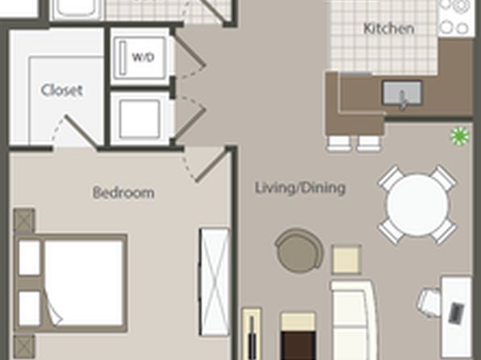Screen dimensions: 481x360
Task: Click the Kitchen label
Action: point(389,28)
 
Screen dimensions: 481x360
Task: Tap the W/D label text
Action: point(144,57)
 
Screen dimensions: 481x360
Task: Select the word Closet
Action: point(61,90)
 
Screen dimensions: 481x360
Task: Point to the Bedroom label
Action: point(123,193)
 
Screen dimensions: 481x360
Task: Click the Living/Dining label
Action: point(300,188)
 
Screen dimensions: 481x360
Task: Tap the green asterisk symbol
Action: point(459,136)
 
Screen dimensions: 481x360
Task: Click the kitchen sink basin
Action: point(402,94)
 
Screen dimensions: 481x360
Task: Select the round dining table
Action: point(417,205)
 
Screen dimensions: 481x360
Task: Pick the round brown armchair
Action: point(299,251)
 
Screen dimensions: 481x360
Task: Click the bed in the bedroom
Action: point(71,283)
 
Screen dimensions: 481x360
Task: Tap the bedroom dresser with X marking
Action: point(215,282)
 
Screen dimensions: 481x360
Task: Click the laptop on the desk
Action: point(455,313)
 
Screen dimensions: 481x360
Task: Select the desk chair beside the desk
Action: point(429,303)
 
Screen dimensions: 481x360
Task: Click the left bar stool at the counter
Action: point(338,144)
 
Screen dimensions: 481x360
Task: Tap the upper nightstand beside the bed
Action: point(24,220)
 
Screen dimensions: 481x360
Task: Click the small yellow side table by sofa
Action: point(346,259)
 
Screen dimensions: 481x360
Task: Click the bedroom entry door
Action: point(212,166)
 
